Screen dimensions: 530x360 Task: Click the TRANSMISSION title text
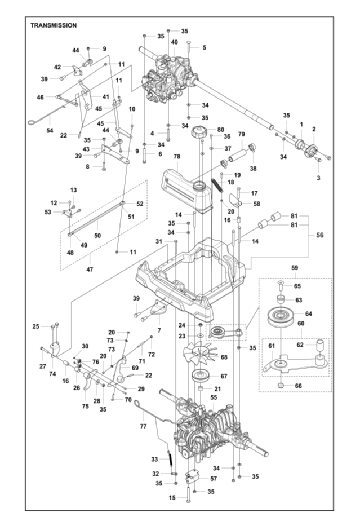coord(54,25)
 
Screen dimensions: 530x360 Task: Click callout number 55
coord(214,397)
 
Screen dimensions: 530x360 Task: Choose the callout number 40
coord(174,42)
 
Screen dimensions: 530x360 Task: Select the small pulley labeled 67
coord(200,376)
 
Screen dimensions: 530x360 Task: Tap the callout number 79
coord(241,134)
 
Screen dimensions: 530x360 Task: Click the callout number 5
coord(204,48)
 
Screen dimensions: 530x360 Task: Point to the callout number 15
coord(172,498)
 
